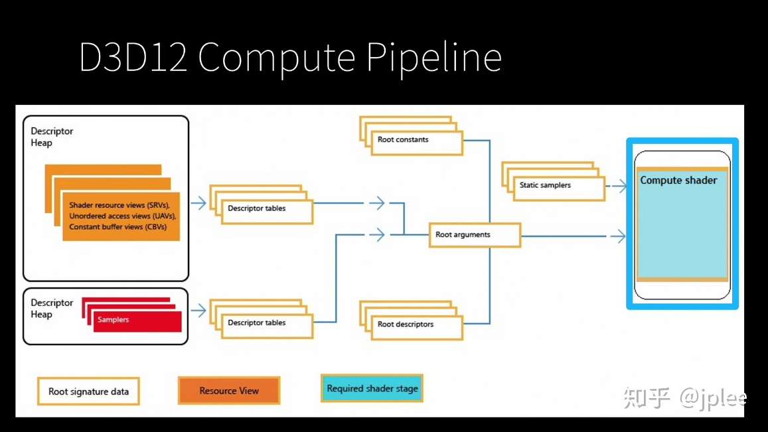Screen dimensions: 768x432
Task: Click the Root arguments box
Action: pyautogui.click(x=474, y=235)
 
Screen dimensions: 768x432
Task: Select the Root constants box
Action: pyautogui.click(x=416, y=143)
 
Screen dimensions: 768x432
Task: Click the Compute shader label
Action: pyautogui.click(x=678, y=180)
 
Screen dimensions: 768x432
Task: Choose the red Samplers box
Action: pyautogui.click(x=137, y=321)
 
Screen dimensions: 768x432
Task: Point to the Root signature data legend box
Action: pyautogui.click(x=89, y=392)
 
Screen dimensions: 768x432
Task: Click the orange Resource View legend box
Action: pyautogui.click(x=229, y=390)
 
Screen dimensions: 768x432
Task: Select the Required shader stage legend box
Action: pyautogui.click(x=372, y=388)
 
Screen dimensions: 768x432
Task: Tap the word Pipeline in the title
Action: pyautogui.click(x=434, y=58)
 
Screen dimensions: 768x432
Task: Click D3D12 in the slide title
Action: pyautogui.click(x=133, y=57)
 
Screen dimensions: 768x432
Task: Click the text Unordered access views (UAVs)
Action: pyautogui.click(x=122, y=216)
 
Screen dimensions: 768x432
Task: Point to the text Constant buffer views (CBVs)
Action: pyautogui.click(x=117, y=227)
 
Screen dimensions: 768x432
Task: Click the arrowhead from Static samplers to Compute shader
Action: pyautogui.click(x=622, y=186)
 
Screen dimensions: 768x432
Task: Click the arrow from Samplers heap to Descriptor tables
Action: pyautogui.click(x=198, y=310)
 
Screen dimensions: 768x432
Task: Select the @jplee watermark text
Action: pyautogui.click(x=713, y=398)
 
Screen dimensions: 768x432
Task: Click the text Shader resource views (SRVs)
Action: pyautogui.click(x=119, y=205)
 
